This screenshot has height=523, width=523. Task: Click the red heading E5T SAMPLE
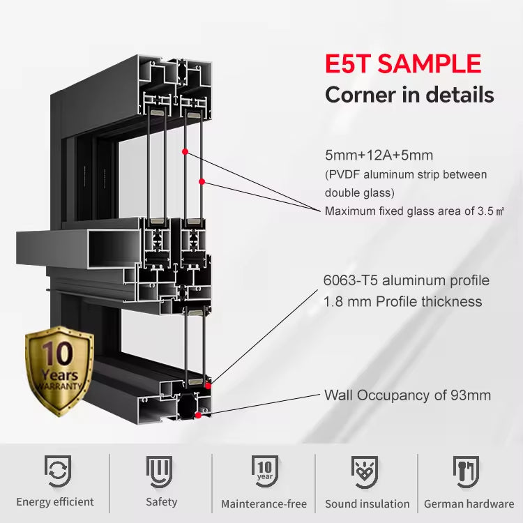click(403, 64)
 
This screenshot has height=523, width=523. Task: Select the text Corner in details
click(410, 94)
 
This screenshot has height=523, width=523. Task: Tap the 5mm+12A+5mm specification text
click(379, 155)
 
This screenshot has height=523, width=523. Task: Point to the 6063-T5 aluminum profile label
click(407, 280)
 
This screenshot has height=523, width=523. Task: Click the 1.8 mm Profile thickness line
click(403, 301)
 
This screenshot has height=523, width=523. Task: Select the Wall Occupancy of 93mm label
click(407, 395)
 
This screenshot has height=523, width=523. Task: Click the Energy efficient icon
click(56, 471)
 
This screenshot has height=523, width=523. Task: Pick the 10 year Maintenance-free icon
click(264, 471)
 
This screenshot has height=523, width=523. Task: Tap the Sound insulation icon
click(367, 471)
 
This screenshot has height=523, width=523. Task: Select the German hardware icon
click(467, 471)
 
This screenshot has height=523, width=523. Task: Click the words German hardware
click(469, 503)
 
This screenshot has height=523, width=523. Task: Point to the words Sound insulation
click(367, 503)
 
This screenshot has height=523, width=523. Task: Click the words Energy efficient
click(55, 502)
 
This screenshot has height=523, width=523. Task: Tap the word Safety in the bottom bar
click(161, 502)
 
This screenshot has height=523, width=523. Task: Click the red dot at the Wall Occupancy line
click(199, 415)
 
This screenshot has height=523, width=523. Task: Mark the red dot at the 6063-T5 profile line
click(209, 384)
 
